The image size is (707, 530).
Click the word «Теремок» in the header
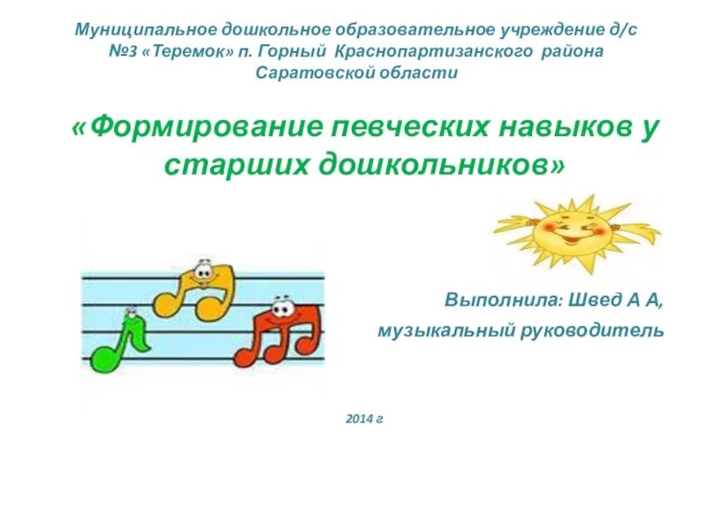(195, 51)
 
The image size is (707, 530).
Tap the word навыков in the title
(558, 127)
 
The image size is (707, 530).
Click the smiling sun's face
(567, 231)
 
